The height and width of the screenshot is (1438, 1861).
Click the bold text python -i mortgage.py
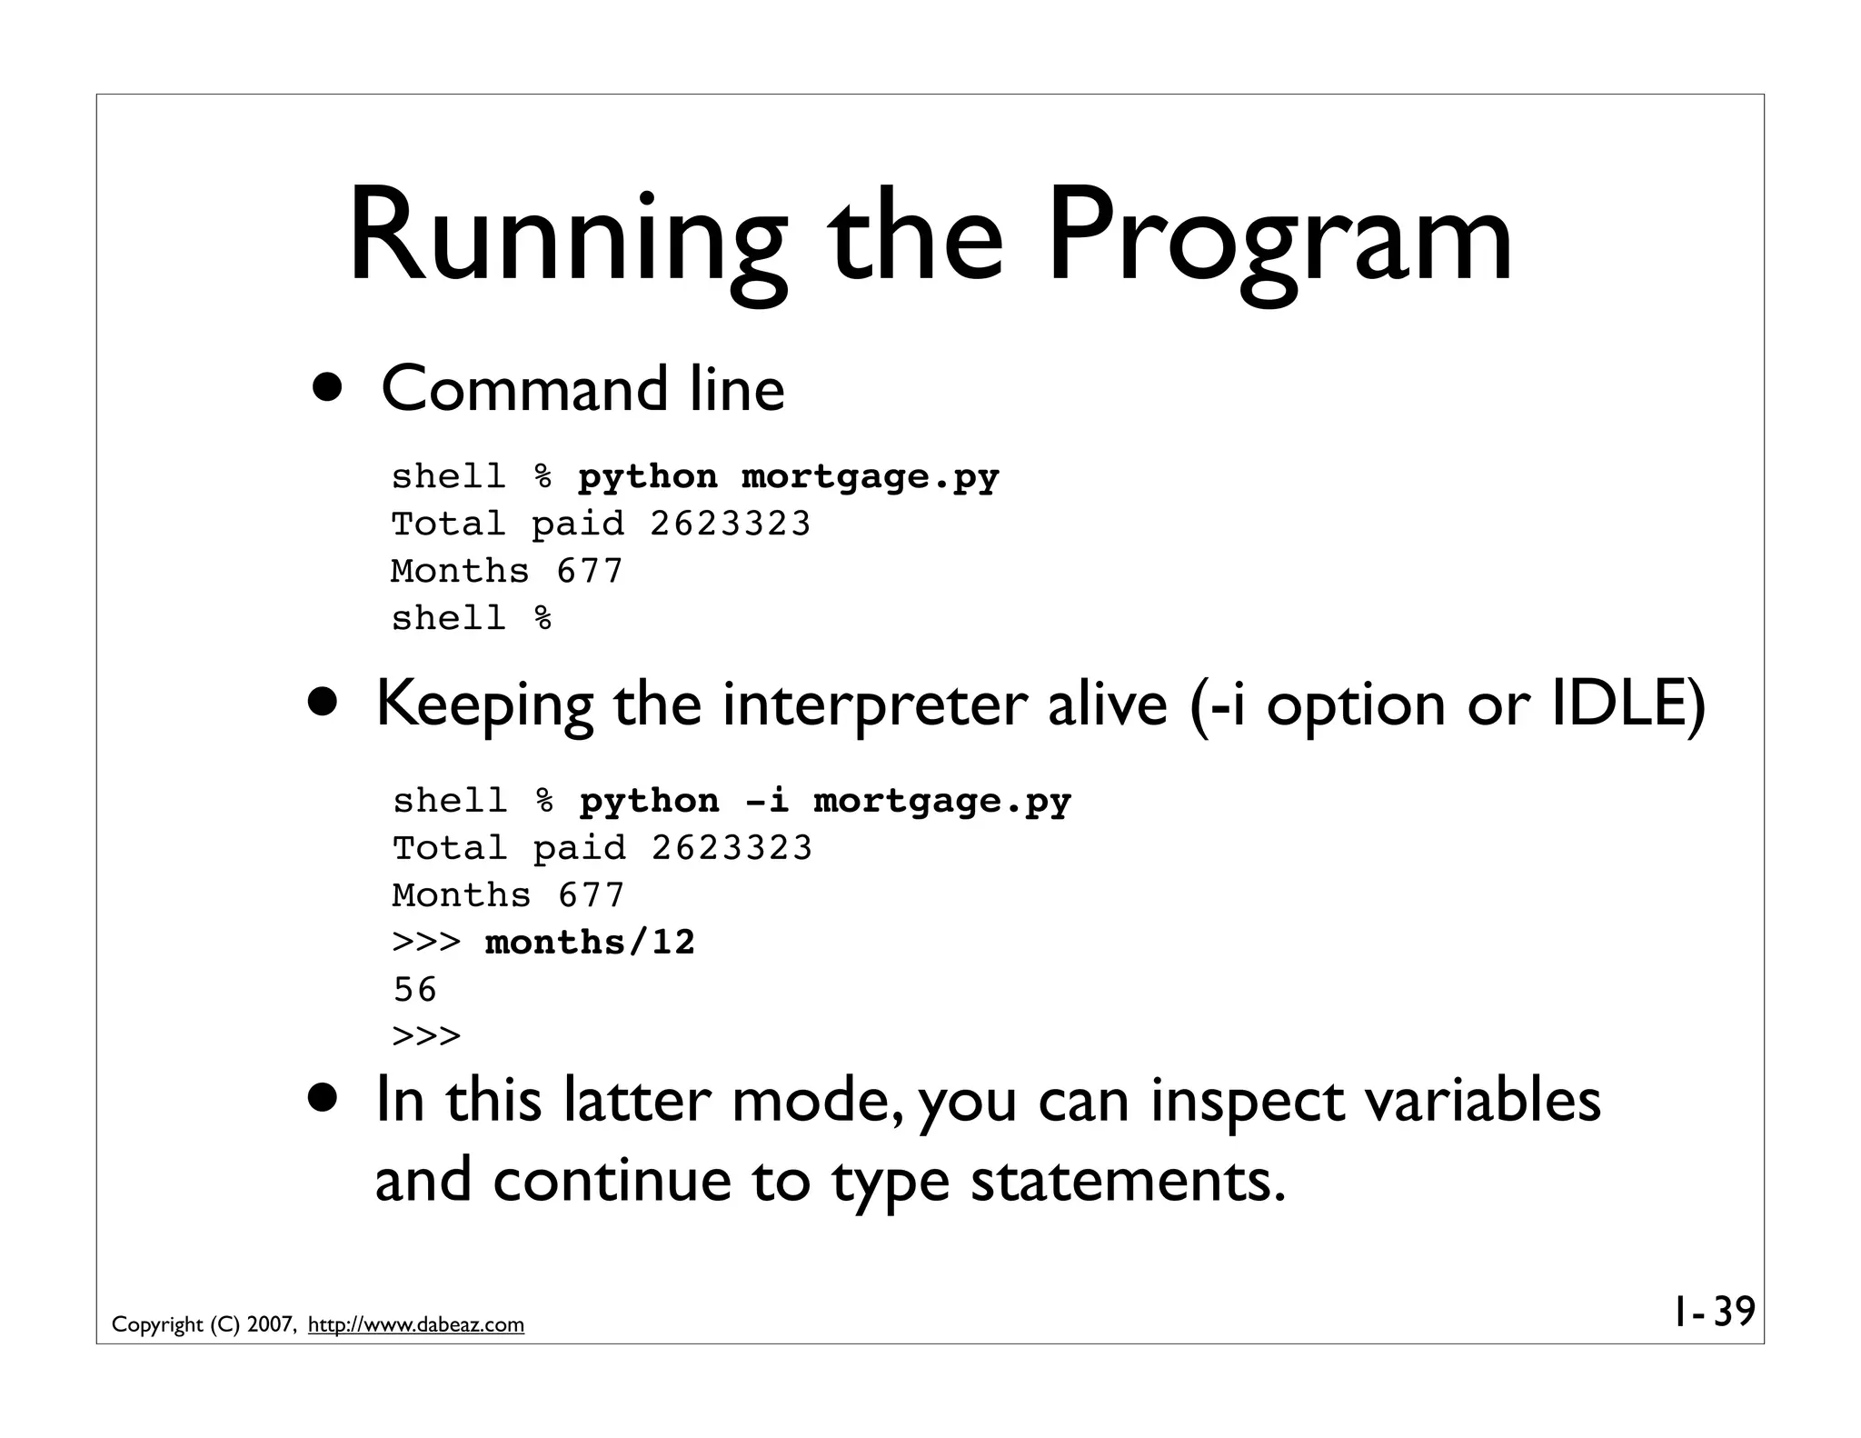click(x=825, y=801)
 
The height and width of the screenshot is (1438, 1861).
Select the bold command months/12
click(x=590, y=943)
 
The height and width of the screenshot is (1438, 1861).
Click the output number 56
click(x=415, y=990)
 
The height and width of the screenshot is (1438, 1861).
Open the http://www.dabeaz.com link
click(x=416, y=1325)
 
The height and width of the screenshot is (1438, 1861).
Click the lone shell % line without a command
click(x=471, y=619)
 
